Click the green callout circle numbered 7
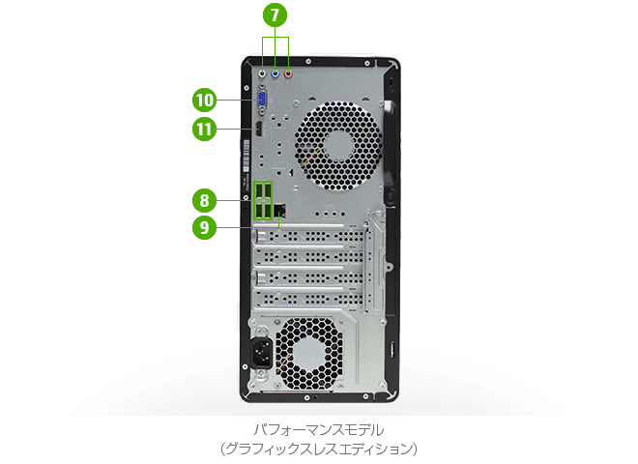pyautogui.click(x=276, y=16)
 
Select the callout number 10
pyautogui.click(x=204, y=100)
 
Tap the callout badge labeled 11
pyautogui.click(x=204, y=129)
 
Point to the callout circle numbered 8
pyautogui.click(x=204, y=201)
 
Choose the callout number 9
pyautogui.click(x=204, y=227)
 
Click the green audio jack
pyautogui.click(x=264, y=72)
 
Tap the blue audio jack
pyautogui.click(x=275, y=72)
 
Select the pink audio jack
pyautogui.click(x=288, y=72)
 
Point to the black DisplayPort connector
pyautogui.click(x=262, y=130)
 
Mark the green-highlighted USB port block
pyautogui.click(x=263, y=200)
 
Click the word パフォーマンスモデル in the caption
pyautogui.click(x=318, y=428)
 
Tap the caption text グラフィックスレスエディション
pyautogui.click(x=318, y=448)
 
